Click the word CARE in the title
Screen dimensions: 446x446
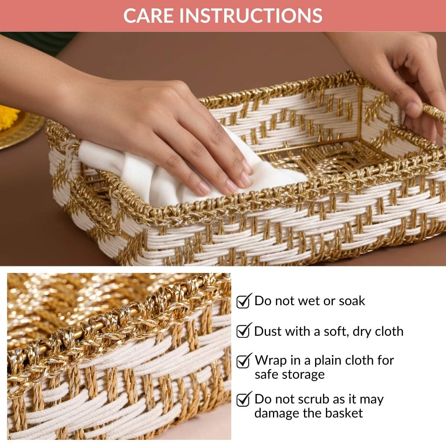point(149,15)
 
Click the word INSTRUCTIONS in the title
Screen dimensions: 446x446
point(251,15)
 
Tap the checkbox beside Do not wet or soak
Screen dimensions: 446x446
point(244,301)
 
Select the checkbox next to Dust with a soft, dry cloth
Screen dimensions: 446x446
point(244,331)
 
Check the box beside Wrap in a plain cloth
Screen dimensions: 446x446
point(244,361)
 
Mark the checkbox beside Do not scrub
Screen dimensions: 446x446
point(244,399)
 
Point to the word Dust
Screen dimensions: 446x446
point(267,331)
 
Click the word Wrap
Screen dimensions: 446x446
point(270,360)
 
